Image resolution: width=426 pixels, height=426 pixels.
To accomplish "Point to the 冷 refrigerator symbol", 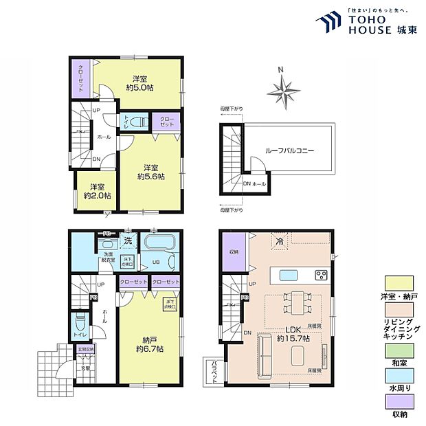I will pyautogui.click(x=279, y=243).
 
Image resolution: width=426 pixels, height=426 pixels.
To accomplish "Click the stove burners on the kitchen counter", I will pyautogui.click(x=320, y=276).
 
